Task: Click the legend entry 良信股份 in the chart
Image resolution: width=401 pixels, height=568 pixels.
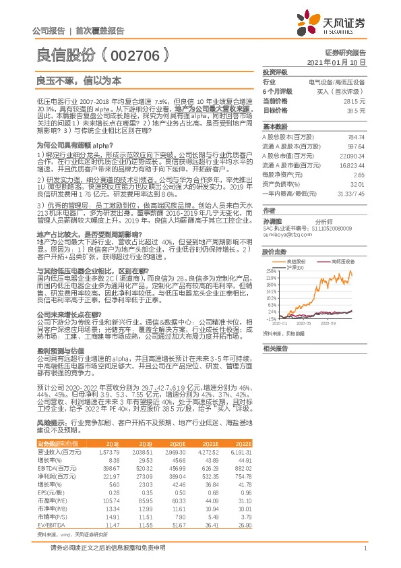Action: coord(297,260)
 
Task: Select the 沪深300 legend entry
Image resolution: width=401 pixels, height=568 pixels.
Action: coord(297,268)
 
